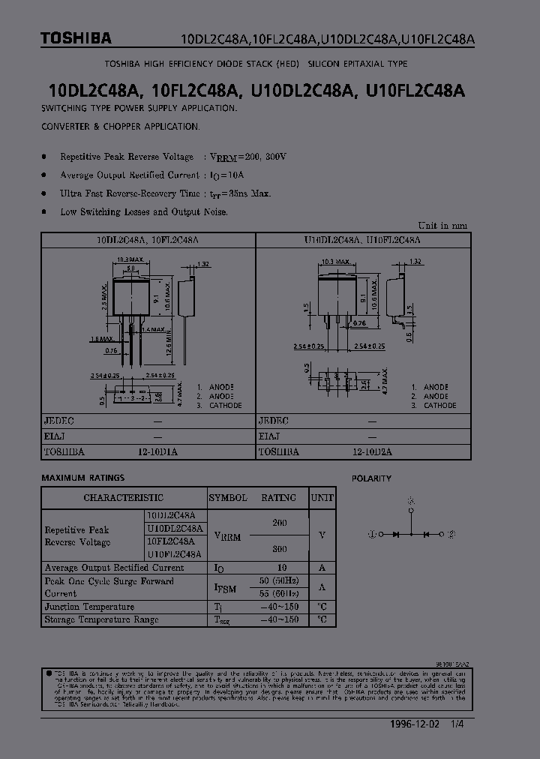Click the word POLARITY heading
372,478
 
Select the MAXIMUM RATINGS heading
83,478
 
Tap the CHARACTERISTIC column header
123,497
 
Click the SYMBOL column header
228,497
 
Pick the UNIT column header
322,497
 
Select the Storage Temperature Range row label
101,619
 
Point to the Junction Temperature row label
89,607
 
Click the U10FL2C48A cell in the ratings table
174,554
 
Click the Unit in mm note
442,225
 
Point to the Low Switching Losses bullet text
143,212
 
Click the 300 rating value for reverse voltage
278,548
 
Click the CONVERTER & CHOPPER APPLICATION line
121,127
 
